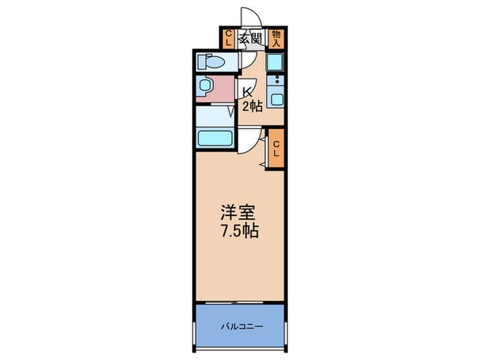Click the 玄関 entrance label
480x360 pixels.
coord(251,39)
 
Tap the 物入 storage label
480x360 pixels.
coord(276,38)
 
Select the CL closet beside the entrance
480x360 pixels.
coord(228,38)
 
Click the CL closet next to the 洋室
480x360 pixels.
coord(276,149)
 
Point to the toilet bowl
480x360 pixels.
coord(211,62)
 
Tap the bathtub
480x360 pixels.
coord(215,139)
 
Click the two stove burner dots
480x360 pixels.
coord(277,80)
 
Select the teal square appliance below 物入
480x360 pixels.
coord(275,62)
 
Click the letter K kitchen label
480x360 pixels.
coord(246,91)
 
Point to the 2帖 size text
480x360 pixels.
coord(252,106)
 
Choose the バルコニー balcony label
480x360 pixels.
coord(242,326)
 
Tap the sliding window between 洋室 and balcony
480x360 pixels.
coord(235,302)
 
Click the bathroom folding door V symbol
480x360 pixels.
coord(232,111)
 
